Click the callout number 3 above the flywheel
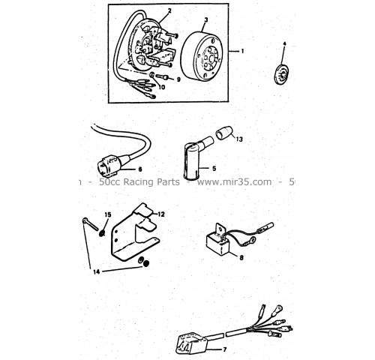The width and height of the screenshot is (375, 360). click(206, 19)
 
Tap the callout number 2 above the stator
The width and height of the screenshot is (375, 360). click(169, 10)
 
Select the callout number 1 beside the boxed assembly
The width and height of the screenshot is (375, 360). click(242, 51)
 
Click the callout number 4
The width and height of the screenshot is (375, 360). click(284, 43)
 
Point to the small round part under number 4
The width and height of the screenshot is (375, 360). click(282, 74)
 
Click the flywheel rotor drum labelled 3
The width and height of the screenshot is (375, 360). click(202, 57)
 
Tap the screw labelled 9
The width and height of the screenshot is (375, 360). click(162, 76)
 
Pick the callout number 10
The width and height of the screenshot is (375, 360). click(162, 87)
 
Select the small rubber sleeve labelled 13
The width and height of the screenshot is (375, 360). click(224, 133)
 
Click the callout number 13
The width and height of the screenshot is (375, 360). click(239, 139)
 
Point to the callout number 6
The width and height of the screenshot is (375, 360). click(140, 169)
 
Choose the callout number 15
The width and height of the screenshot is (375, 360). click(108, 214)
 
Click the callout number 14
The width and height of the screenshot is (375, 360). click(97, 271)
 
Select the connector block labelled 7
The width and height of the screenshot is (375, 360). click(192, 343)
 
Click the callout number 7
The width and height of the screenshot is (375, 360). click(224, 349)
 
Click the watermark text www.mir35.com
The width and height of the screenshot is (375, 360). click(234, 181)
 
